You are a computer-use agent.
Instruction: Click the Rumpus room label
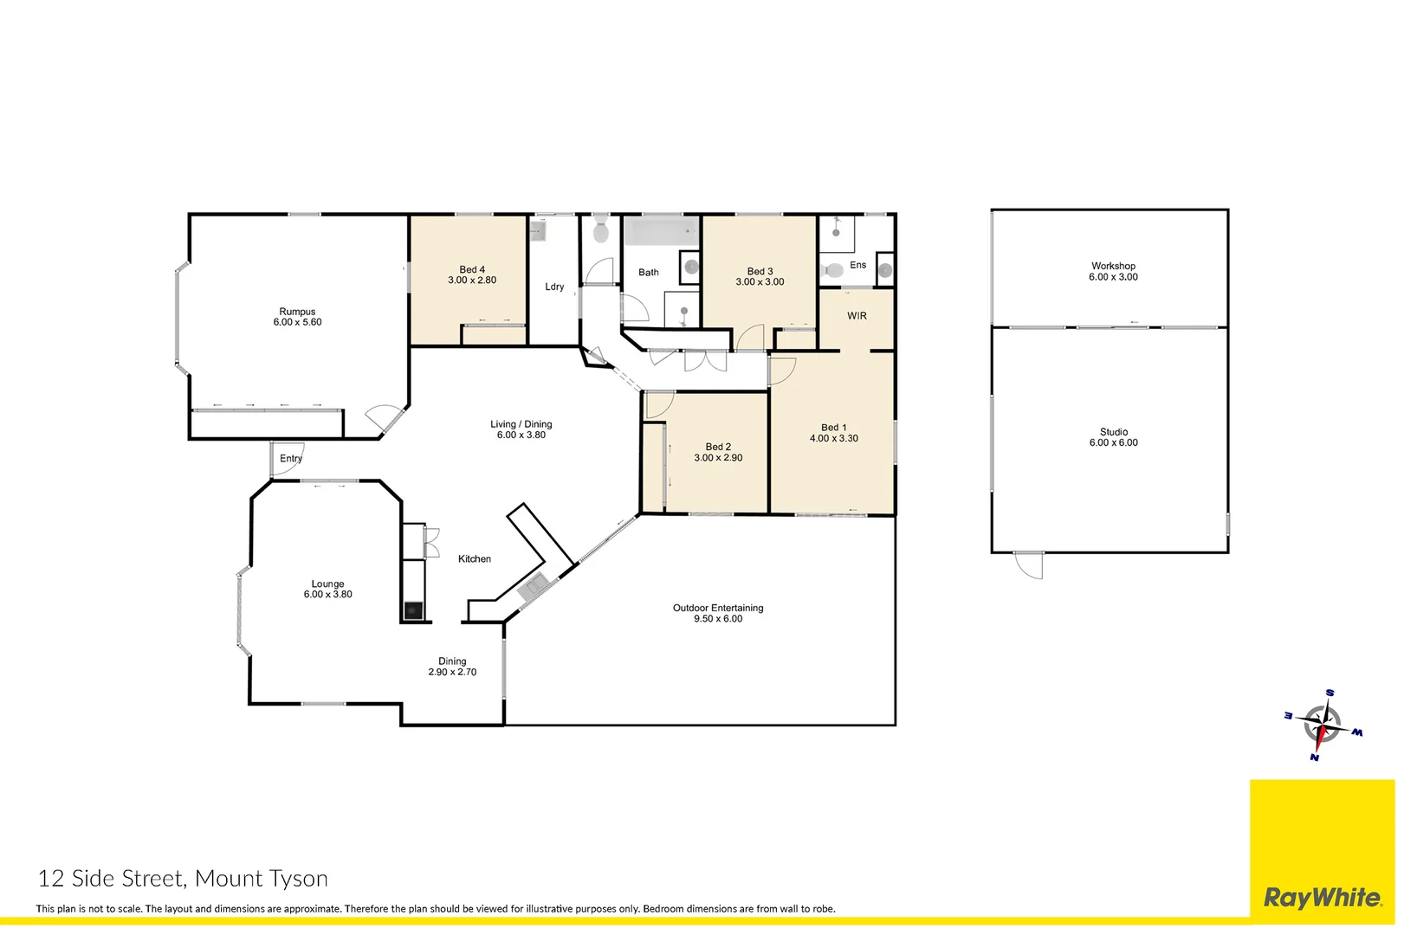coord(297,312)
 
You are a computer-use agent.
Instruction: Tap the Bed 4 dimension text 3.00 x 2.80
coord(472,280)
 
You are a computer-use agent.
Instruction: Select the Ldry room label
coord(554,287)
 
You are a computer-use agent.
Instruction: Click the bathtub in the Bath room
coord(662,232)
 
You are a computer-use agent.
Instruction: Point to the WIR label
coord(857,316)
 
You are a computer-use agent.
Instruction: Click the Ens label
coord(857,265)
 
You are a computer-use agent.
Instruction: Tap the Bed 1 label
coord(833,428)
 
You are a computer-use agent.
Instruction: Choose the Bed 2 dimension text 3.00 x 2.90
coord(718,458)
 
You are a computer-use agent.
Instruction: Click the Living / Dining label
coord(521,424)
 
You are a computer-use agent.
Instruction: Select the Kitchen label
coord(474,559)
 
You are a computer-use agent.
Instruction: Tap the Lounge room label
coord(327,584)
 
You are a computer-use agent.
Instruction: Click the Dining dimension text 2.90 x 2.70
coord(452,673)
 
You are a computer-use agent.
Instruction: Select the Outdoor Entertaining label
coord(717,608)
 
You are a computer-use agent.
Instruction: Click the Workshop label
coord(1113,266)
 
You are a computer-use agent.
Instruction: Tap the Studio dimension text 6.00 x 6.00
coord(1113,443)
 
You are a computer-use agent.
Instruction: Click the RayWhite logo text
coord(1322,898)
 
